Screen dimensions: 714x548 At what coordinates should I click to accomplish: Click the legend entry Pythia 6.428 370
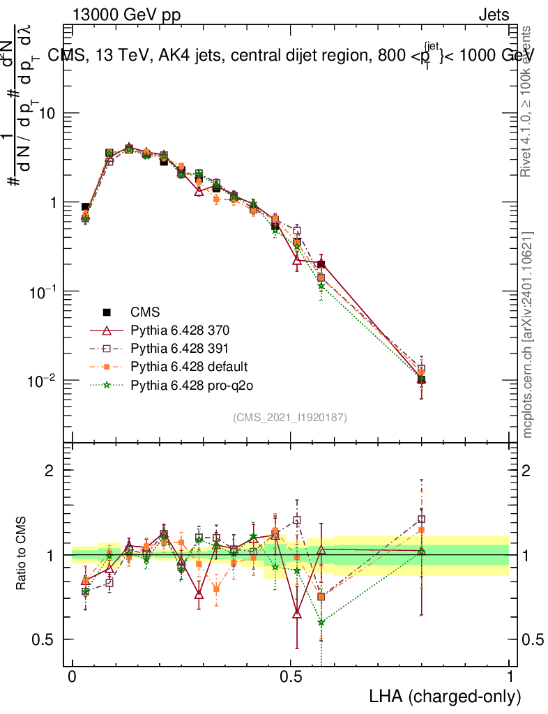point(171,330)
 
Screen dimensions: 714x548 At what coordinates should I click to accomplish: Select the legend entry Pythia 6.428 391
point(171,348)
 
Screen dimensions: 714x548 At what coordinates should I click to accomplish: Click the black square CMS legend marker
point(107,312)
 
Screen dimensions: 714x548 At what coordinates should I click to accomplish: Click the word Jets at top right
point(493,15)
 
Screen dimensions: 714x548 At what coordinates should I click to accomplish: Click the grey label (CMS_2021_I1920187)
point(290,417)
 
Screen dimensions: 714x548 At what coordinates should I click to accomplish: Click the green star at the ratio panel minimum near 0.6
point(321,622)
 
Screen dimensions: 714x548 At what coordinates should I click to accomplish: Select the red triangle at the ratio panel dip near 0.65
point(298,614)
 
